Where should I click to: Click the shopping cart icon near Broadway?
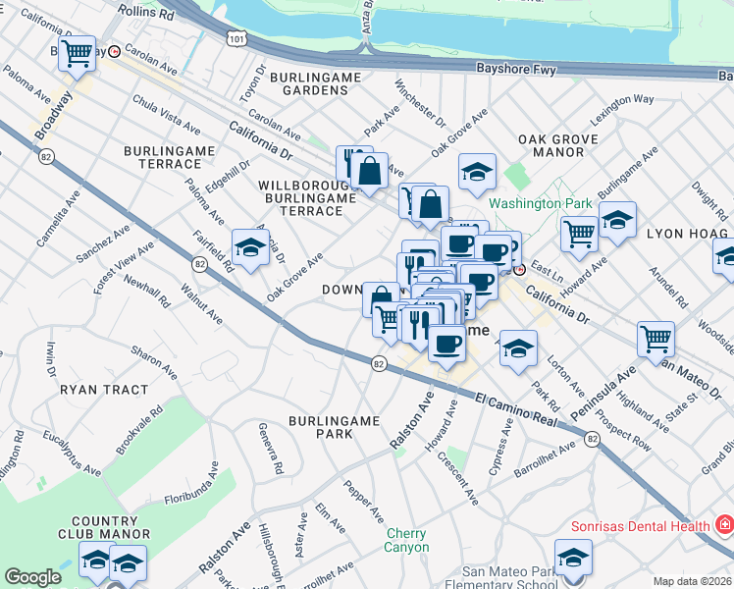[x=77, y=53]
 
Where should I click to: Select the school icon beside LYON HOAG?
[x=617, y=221]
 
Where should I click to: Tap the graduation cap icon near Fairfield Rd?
[x=250, y=247]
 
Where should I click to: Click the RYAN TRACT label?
[x=104, y=390]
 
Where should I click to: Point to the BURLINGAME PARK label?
[x=334, y=426]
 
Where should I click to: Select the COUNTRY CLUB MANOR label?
[x=103, y=527]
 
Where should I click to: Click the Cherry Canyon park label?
[x=406, y=540]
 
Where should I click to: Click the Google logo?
[x=33, y=577]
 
